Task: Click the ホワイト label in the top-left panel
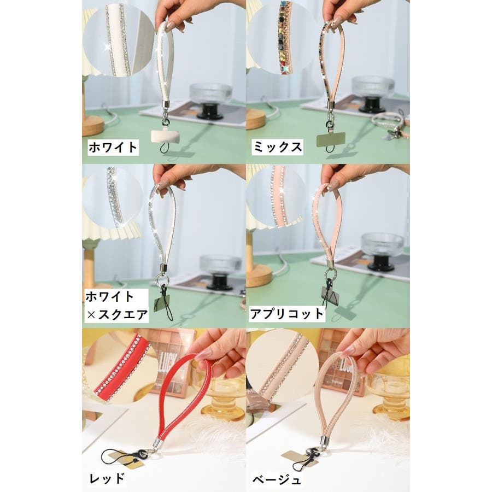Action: (x=113, y=147)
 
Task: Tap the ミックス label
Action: (x=277, y=147)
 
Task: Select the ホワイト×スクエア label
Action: (x=116, y=305)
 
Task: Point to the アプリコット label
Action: (x=287, y=314)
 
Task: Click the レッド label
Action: (x=107, y=478)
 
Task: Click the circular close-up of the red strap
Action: (x=121, y=367)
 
